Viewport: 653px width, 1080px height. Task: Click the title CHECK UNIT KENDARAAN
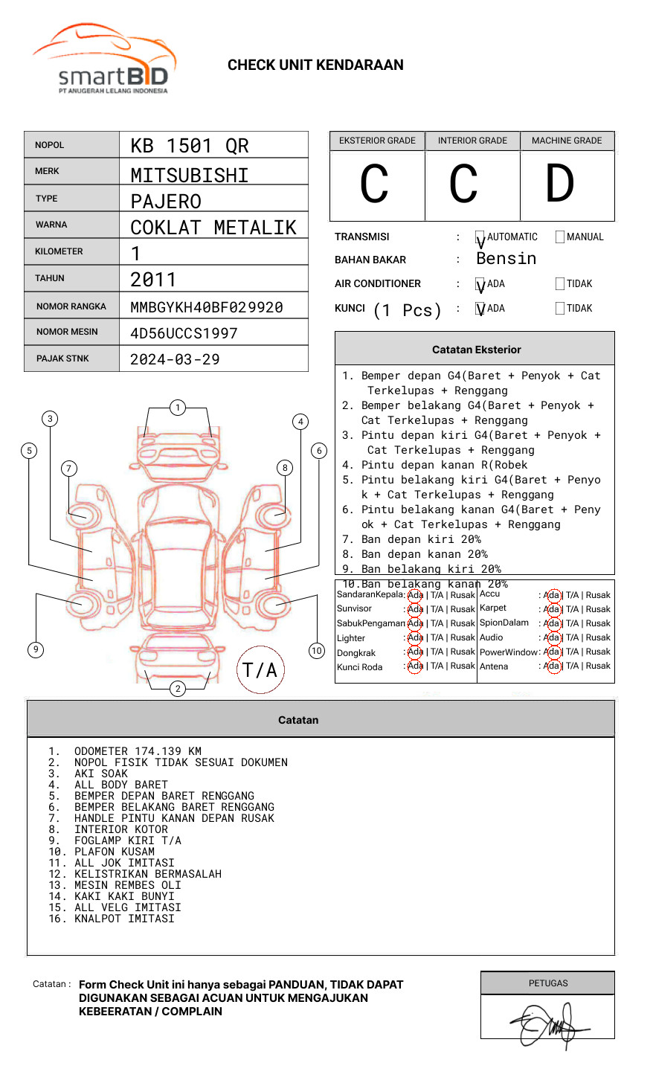click(x=315, y=65)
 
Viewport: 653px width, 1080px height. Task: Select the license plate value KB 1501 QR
click(x=190, y=146)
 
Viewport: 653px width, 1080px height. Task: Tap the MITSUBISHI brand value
click(x=190, y=175)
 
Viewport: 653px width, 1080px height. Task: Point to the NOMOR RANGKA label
click(x=71, y=306)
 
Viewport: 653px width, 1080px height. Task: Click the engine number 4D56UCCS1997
click(x=184, y=333)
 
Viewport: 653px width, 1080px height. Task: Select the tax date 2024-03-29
click(x=175, y=359)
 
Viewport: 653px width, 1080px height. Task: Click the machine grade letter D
click(x=560, y=184)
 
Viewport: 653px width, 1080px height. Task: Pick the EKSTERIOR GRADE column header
click(x=377, y=141)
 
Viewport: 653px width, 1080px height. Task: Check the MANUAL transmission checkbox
click(x=560, y=237)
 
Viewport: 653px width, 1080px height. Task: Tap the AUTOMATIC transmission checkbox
click(x=480, y=237)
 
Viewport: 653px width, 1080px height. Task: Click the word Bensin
click(x=506, y=259)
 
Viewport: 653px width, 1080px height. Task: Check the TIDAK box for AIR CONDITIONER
click(x=560, y=284)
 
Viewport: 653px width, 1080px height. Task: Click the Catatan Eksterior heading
click(x=476, y=350)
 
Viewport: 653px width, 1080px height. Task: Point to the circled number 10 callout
click(x=317, y=651)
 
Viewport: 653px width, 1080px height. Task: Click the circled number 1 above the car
click(x=177, y=408)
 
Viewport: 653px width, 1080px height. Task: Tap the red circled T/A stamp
click(x=260, y=669)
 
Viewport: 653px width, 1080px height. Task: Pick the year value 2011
click(x=153, y=280)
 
